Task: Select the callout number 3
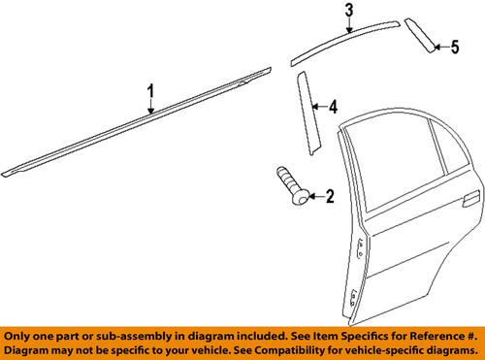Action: click(x=348, y=12)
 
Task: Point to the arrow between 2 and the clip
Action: click(x=315, y=198)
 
